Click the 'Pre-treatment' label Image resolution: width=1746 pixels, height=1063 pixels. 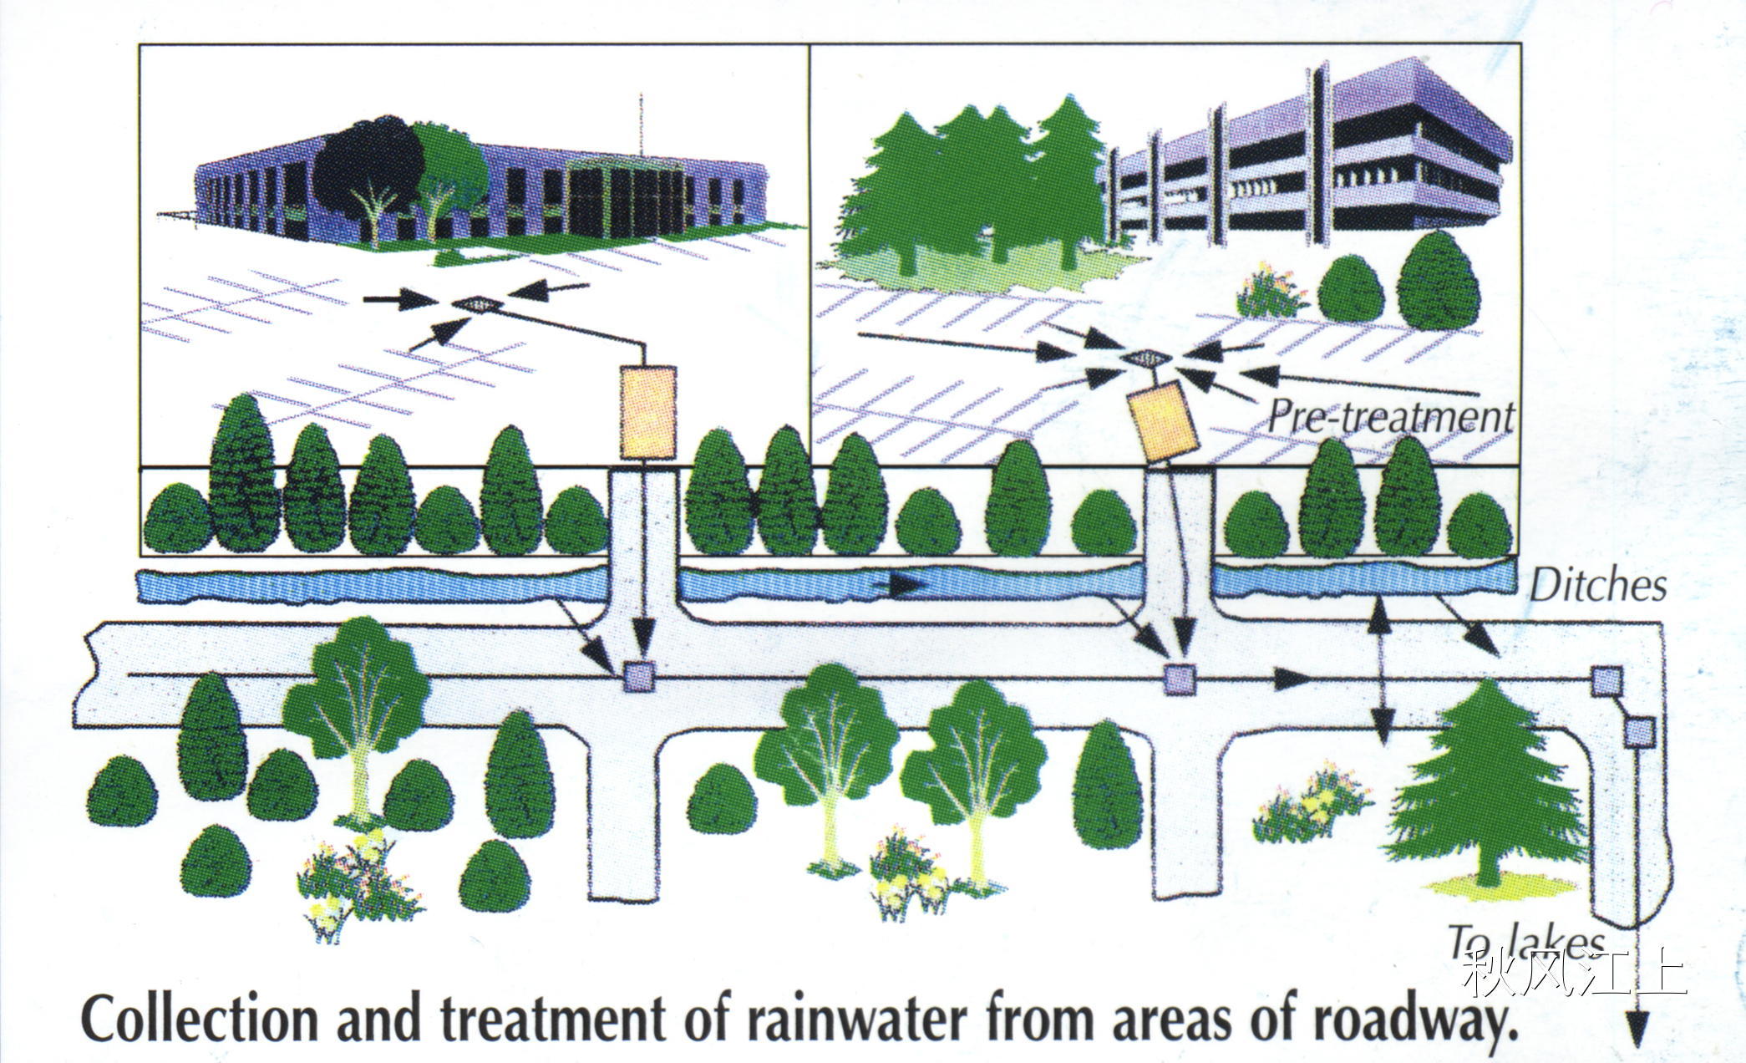coord(1390,416)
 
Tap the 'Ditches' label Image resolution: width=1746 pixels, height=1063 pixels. coord(1597,585)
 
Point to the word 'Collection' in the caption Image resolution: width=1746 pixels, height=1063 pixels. coord(200,1020)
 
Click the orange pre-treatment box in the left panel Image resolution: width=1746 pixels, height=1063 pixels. coord(647,412)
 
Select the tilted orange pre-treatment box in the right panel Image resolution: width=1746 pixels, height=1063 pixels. coord(1163,422)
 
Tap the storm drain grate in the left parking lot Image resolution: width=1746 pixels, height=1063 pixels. coord(478,305)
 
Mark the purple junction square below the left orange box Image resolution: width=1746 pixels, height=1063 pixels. coord(640,676)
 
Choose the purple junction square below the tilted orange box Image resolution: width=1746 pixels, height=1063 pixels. coord(1180,679)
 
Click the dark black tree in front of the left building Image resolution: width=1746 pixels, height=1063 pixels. coord(368,167)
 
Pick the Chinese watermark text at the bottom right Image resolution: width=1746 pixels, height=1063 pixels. coord(1575,974)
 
